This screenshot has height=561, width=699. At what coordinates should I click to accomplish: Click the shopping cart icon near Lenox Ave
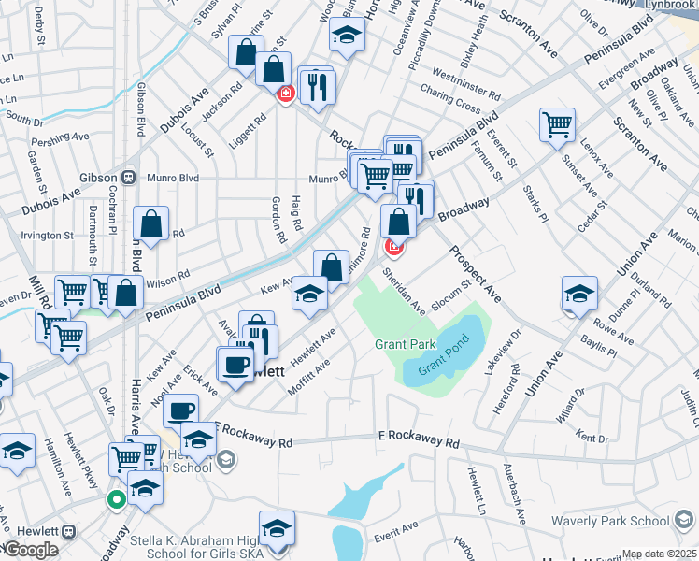click(557, 123)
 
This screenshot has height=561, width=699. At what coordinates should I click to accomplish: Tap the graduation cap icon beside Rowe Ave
click(580, 293)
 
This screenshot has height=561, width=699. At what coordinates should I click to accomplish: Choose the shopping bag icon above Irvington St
click(150, 223)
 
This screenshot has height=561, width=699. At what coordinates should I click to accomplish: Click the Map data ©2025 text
click(659, 554)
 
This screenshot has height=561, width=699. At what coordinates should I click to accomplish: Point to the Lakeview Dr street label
click(502, 356)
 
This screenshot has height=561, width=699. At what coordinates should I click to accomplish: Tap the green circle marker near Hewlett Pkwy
click(116, 499)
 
